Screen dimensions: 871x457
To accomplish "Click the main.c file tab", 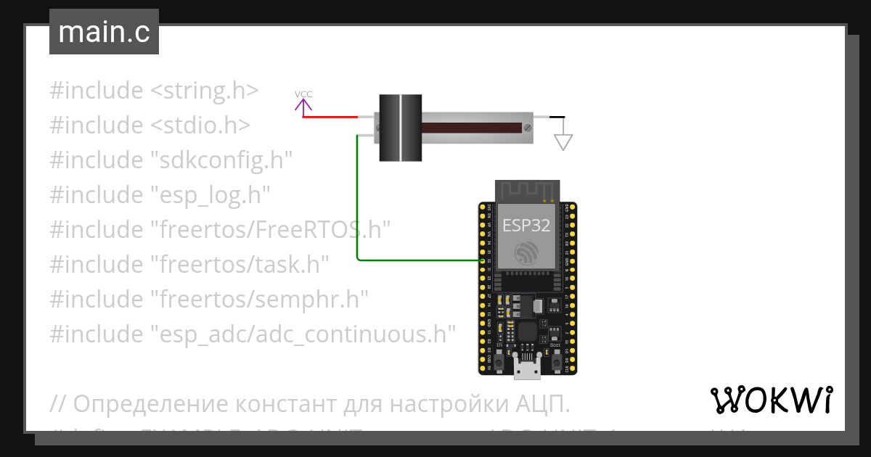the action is tap(104, 33).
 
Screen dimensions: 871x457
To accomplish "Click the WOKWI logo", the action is tap(772, 400).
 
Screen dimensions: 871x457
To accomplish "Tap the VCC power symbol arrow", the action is tap(303, 106).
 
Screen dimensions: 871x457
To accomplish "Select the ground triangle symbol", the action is tap(563, 141).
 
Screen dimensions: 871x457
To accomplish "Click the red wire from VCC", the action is tap(330, 117).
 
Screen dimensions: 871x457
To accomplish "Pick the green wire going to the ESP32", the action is tap(358, 203).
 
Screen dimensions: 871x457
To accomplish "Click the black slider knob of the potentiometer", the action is tap(400, 128).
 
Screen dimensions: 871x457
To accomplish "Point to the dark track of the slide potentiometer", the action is tap(472, 128).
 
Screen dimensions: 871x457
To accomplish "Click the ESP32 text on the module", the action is tap(526, 225).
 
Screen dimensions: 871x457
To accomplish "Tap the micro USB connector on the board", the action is tap(527, 368).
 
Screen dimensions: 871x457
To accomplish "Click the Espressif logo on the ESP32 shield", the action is tap(526, 253).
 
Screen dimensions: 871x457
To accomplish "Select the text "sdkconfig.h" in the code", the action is tap(221, 160).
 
